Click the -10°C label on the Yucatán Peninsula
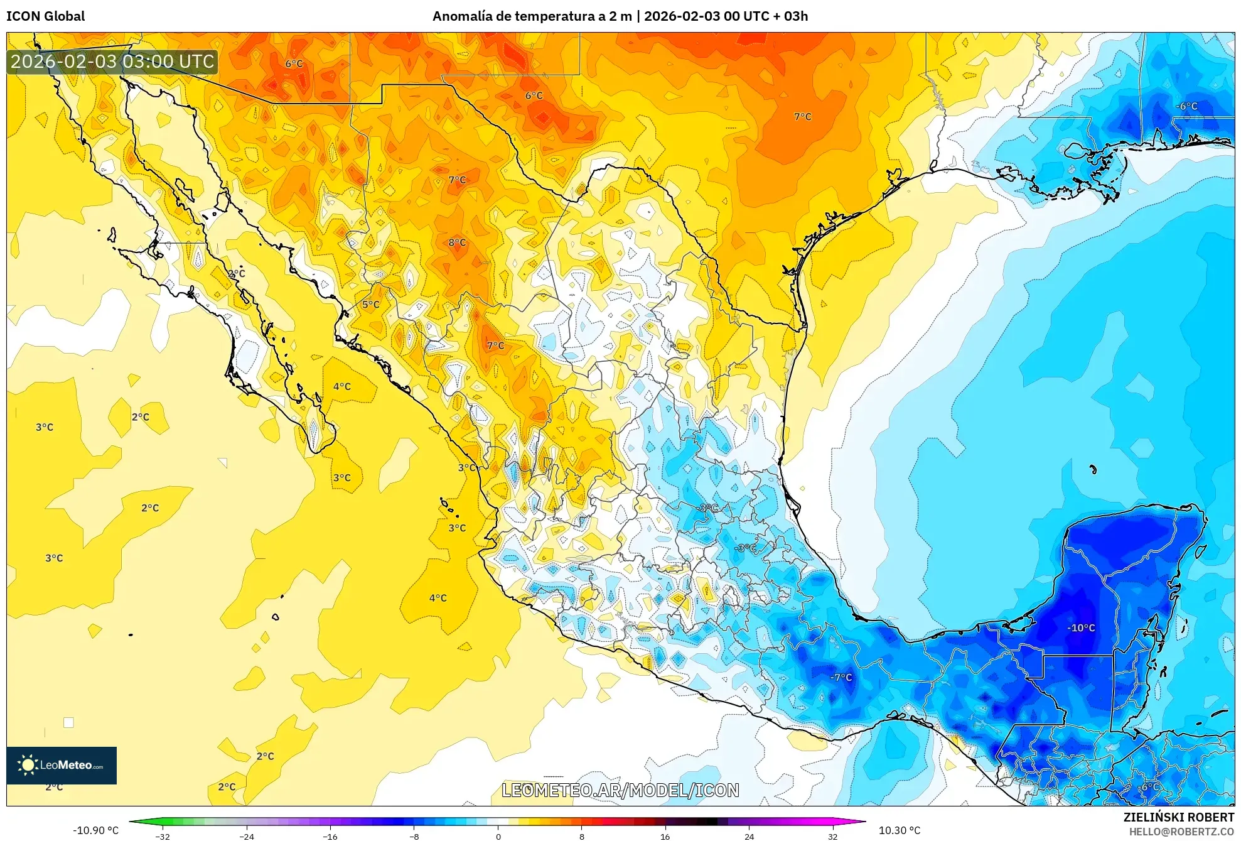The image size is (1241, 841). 1081,627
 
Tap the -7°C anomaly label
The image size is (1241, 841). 841,677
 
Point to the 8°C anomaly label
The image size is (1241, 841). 457,242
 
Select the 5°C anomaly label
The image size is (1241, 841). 370,305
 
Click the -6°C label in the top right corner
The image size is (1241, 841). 1186,106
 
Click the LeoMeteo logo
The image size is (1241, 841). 62,765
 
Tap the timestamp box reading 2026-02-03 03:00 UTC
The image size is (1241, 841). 113,62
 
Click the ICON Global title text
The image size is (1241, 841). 46,16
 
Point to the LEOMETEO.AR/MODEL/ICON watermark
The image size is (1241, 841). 620,790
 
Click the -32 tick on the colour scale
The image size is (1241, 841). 163,837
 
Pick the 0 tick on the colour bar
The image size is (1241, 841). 498,837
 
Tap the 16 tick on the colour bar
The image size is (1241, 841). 665,837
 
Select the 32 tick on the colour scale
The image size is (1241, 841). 832,837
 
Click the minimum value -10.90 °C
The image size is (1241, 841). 95,830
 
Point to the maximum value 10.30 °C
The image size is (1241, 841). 899,830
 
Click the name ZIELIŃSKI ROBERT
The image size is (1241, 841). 1178,817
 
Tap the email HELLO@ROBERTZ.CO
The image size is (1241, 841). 1181,832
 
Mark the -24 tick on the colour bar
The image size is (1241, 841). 247,837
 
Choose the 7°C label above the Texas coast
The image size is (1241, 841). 802,117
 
